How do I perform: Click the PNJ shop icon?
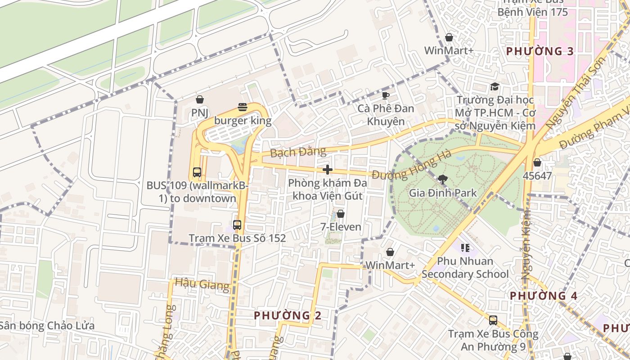tap(199, 99)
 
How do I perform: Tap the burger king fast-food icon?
tap(243, 107)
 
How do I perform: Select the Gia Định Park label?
tap(442, 193)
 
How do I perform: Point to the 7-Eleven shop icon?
tap(341, 214)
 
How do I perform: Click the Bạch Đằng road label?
tap(298, 152)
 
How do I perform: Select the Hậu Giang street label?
tap(202, 283)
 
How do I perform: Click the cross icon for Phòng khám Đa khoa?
tap(328, 170)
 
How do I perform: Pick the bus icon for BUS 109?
tap(197, 172)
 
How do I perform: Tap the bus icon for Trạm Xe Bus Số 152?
tap(237, 225)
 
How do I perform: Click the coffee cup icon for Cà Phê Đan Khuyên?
tap(385, 95)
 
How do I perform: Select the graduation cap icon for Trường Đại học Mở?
tap(495, 86)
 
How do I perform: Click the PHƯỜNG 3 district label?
tap(540, 51)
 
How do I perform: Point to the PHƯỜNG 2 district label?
tap(288, 315)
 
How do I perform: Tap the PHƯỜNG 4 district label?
tap(543, 296)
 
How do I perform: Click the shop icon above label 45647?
tap(537, 162)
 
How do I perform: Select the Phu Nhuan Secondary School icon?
tap(465, 247)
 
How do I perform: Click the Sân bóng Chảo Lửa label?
tap(47, 325)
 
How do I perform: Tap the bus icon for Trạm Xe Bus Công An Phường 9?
tap(493, 320)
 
